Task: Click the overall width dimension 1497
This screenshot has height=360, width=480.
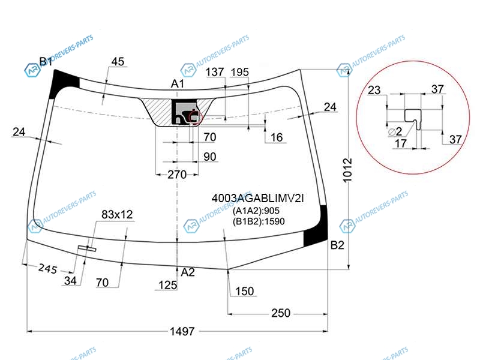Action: [182, 331]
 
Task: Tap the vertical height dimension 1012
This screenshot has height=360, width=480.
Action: [347, 170]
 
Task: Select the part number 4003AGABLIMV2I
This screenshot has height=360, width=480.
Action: [257, 199]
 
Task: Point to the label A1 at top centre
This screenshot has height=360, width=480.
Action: [177, 83]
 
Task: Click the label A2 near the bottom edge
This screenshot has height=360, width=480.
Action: [188, 272]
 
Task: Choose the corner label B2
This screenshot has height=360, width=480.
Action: [337, 245]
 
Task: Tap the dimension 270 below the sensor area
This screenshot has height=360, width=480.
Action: [177, 175]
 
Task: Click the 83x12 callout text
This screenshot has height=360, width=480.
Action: [117, 215]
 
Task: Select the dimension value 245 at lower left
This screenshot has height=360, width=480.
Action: [48, 269]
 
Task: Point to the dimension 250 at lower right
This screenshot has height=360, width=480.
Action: [281, 313]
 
